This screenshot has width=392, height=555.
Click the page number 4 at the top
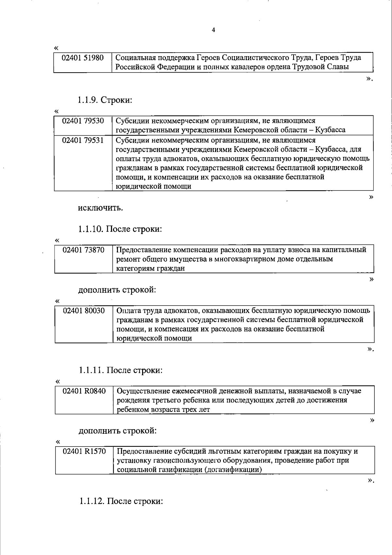pyautogui.click(x=214, y=30)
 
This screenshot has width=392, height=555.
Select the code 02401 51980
pyautogui.click(x=83, y=58)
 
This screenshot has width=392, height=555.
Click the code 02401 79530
pyautogui.click(x=83, y=121)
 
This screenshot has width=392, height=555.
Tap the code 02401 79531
pyautogui.click(x=83, y=140)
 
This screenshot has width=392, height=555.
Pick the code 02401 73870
pyautogui.click(x=84, y=250)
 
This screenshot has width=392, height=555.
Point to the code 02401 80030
pyautogui.click(x=84, y=311)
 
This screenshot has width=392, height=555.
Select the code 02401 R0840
pyautogui.click(x=84, y=391)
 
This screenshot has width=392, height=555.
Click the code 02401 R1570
pyautogui.click(x=84, y=451)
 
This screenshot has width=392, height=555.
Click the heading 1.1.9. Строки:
pyautogui.click(x=105, y=100)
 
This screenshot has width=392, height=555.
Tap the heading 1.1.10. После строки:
pyautogui.click(x=120, y=229)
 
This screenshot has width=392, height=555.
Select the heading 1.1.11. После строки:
pyautogui.click(x=120, y=370)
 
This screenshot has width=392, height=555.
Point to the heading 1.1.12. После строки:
pyautogui.click(x=121, y=501)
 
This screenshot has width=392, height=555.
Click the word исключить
pyautogui.click(x=100, y=208)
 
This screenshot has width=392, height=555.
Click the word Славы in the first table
pyautogui.click(x=338, y=67)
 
